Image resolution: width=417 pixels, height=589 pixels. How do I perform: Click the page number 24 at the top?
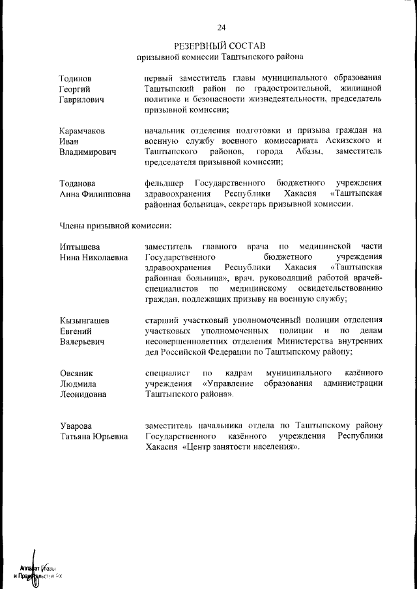[221, 27]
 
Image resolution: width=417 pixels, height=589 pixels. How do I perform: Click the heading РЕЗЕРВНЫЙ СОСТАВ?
[220, 46]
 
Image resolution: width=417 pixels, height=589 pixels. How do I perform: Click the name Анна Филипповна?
[94, 194]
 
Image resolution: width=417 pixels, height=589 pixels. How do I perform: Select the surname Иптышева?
[79, 247]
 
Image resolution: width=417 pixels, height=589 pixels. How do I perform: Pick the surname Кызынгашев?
[84, 320]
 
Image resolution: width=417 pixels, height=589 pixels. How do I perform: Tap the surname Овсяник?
[76, 373]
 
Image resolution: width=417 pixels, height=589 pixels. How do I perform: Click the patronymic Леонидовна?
[83, 394]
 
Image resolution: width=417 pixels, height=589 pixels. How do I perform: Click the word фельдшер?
[165, 184]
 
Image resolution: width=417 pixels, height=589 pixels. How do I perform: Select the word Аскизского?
[341, 141]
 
